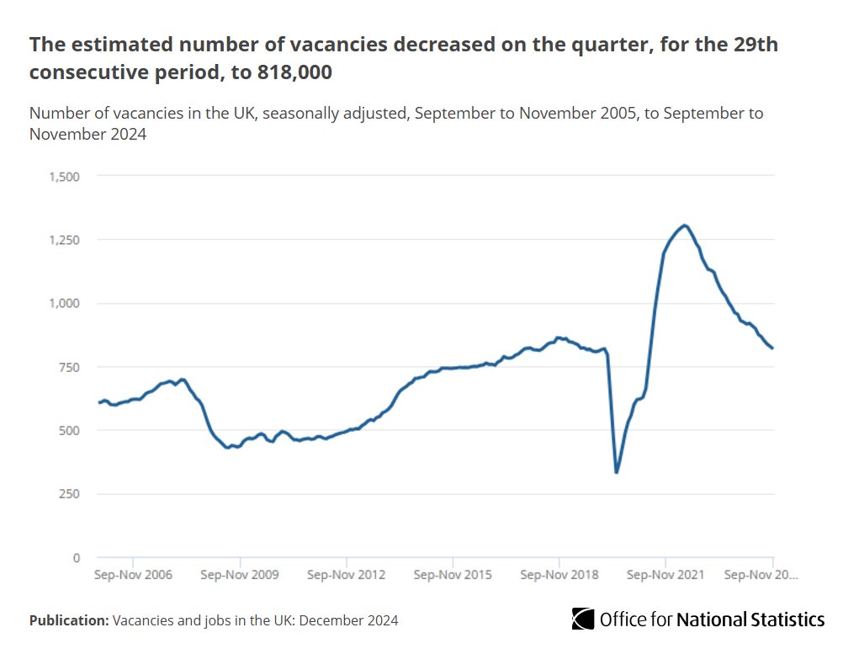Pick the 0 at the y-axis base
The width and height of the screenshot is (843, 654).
pos(76,557)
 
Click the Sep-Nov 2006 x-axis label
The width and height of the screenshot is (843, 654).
pos(133,576)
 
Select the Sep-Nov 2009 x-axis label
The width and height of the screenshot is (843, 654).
pos(240,576)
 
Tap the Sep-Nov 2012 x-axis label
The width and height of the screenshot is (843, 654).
pos(347,576)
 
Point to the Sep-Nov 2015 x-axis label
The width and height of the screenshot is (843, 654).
pos(453,576)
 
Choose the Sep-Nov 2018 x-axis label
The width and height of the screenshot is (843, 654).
pos(559,576)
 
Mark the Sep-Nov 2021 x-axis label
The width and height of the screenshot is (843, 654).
pos(665,576)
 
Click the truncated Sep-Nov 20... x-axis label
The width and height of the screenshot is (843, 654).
pos(761,576)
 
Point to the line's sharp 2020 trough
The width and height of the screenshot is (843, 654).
pos(617,472)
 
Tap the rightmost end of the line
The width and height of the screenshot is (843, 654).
pos(772,348)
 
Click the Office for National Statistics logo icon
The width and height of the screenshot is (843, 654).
pos(583,619)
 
